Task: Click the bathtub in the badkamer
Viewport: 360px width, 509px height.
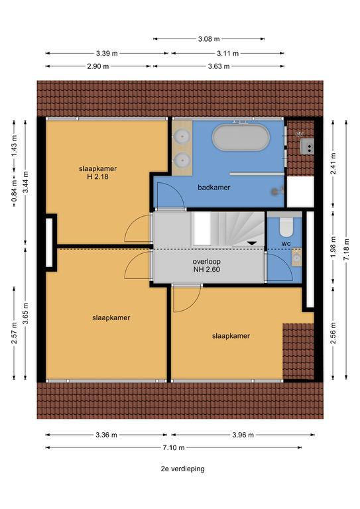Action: [x=241, y=138]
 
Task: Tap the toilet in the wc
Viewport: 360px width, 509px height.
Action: [x=286, y=227]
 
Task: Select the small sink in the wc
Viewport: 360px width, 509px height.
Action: [x=297, y=257]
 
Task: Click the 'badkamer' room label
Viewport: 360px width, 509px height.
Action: [x=214, y=188]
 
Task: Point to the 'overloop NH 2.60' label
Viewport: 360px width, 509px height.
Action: [x=206, y=265]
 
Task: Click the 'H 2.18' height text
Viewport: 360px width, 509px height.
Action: [x=97, y=177]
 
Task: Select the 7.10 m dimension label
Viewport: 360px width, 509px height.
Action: [x=174, y=447]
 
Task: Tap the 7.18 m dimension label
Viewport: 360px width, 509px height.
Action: [x=347, y=249]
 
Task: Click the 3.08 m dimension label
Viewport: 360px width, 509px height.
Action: [x=209, y=39]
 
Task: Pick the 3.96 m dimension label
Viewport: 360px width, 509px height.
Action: [x=243, y=435]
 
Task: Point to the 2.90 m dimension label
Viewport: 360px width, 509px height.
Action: [x=98, y=66]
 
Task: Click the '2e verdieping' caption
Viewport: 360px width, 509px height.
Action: [x=183, y=469]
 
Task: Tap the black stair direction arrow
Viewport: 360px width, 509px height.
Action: [x=252, y=243]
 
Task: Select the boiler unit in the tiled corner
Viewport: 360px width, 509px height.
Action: [x=306, y=146]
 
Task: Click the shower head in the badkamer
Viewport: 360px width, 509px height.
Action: [x=278, y=192]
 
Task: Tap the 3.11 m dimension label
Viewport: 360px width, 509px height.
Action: [x=228, y=54]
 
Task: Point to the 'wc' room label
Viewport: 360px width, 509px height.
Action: [x=286, y=243]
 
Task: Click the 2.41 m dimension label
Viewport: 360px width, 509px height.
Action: [x=333, y=163]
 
